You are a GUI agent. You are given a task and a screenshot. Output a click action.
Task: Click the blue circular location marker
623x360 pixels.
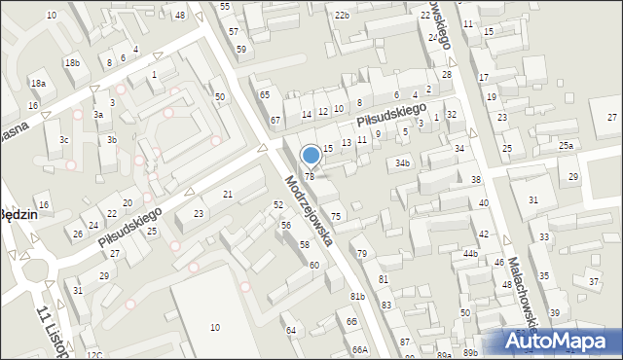click(x=311, y=156)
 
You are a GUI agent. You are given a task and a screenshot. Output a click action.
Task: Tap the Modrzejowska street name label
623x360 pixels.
click(x=310, y=209)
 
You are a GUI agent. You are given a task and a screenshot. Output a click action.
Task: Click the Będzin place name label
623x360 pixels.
click(x=18, y=215)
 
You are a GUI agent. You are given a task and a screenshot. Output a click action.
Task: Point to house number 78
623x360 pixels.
click(x=310, y=176)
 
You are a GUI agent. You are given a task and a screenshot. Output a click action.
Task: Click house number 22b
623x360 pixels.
click(x=341, y=16)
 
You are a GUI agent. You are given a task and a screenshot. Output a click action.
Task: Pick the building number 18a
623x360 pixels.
click(x=38, y=84)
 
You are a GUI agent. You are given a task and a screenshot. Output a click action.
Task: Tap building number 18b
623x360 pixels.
click(x=72, y=63)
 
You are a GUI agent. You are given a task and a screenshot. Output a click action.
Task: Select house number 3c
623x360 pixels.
click(x=63, y=140)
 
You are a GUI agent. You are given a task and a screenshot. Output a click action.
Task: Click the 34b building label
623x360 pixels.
click(x=402, y=163)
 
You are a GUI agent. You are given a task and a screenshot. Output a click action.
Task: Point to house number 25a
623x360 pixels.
click(x=566, y=145)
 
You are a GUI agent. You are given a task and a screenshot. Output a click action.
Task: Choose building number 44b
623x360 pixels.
click(x=471, y=253)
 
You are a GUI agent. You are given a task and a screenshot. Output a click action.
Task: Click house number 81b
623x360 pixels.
click(x=357, y=296)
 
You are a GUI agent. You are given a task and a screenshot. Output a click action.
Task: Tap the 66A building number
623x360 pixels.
click(x=360, y=349)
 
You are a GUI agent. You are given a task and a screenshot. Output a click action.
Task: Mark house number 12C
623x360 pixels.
click(x=93, y=355)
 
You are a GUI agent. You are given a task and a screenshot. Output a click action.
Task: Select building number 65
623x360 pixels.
click(x=264, y=94)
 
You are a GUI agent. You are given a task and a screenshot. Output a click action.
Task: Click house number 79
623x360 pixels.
click(x=362, y=253)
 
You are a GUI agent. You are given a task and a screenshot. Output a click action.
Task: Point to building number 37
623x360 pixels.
click(x=593, y=281)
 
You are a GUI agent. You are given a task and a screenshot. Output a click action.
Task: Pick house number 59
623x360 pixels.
click(x=240, y=49)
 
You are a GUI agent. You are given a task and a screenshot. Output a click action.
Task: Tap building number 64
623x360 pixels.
click(x=290, y=331)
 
